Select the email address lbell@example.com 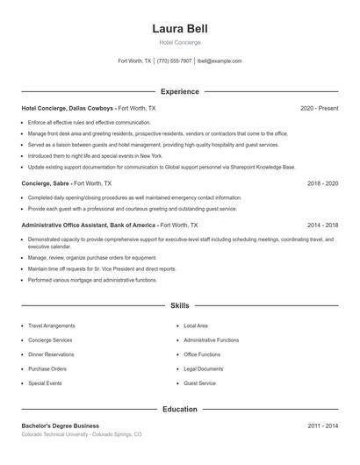tap(220, 61)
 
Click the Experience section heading tap(180, 91)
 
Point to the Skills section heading tap(180, 305)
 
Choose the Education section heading tap(180, 409)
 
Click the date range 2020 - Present tap(319, 108)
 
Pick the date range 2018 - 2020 tap(322, 183)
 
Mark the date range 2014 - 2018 tap(322, 224)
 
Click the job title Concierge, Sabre tap(46, 183)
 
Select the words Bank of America tap(134, 224)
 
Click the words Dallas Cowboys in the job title tap(91, 108)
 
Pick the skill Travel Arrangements tap(52, 325)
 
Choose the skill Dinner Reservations tap(52, 354)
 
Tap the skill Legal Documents tap(203, 369)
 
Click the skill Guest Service tap(199, 383)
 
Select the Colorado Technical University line tap(81, 434)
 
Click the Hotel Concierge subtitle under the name tap(180, 42)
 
